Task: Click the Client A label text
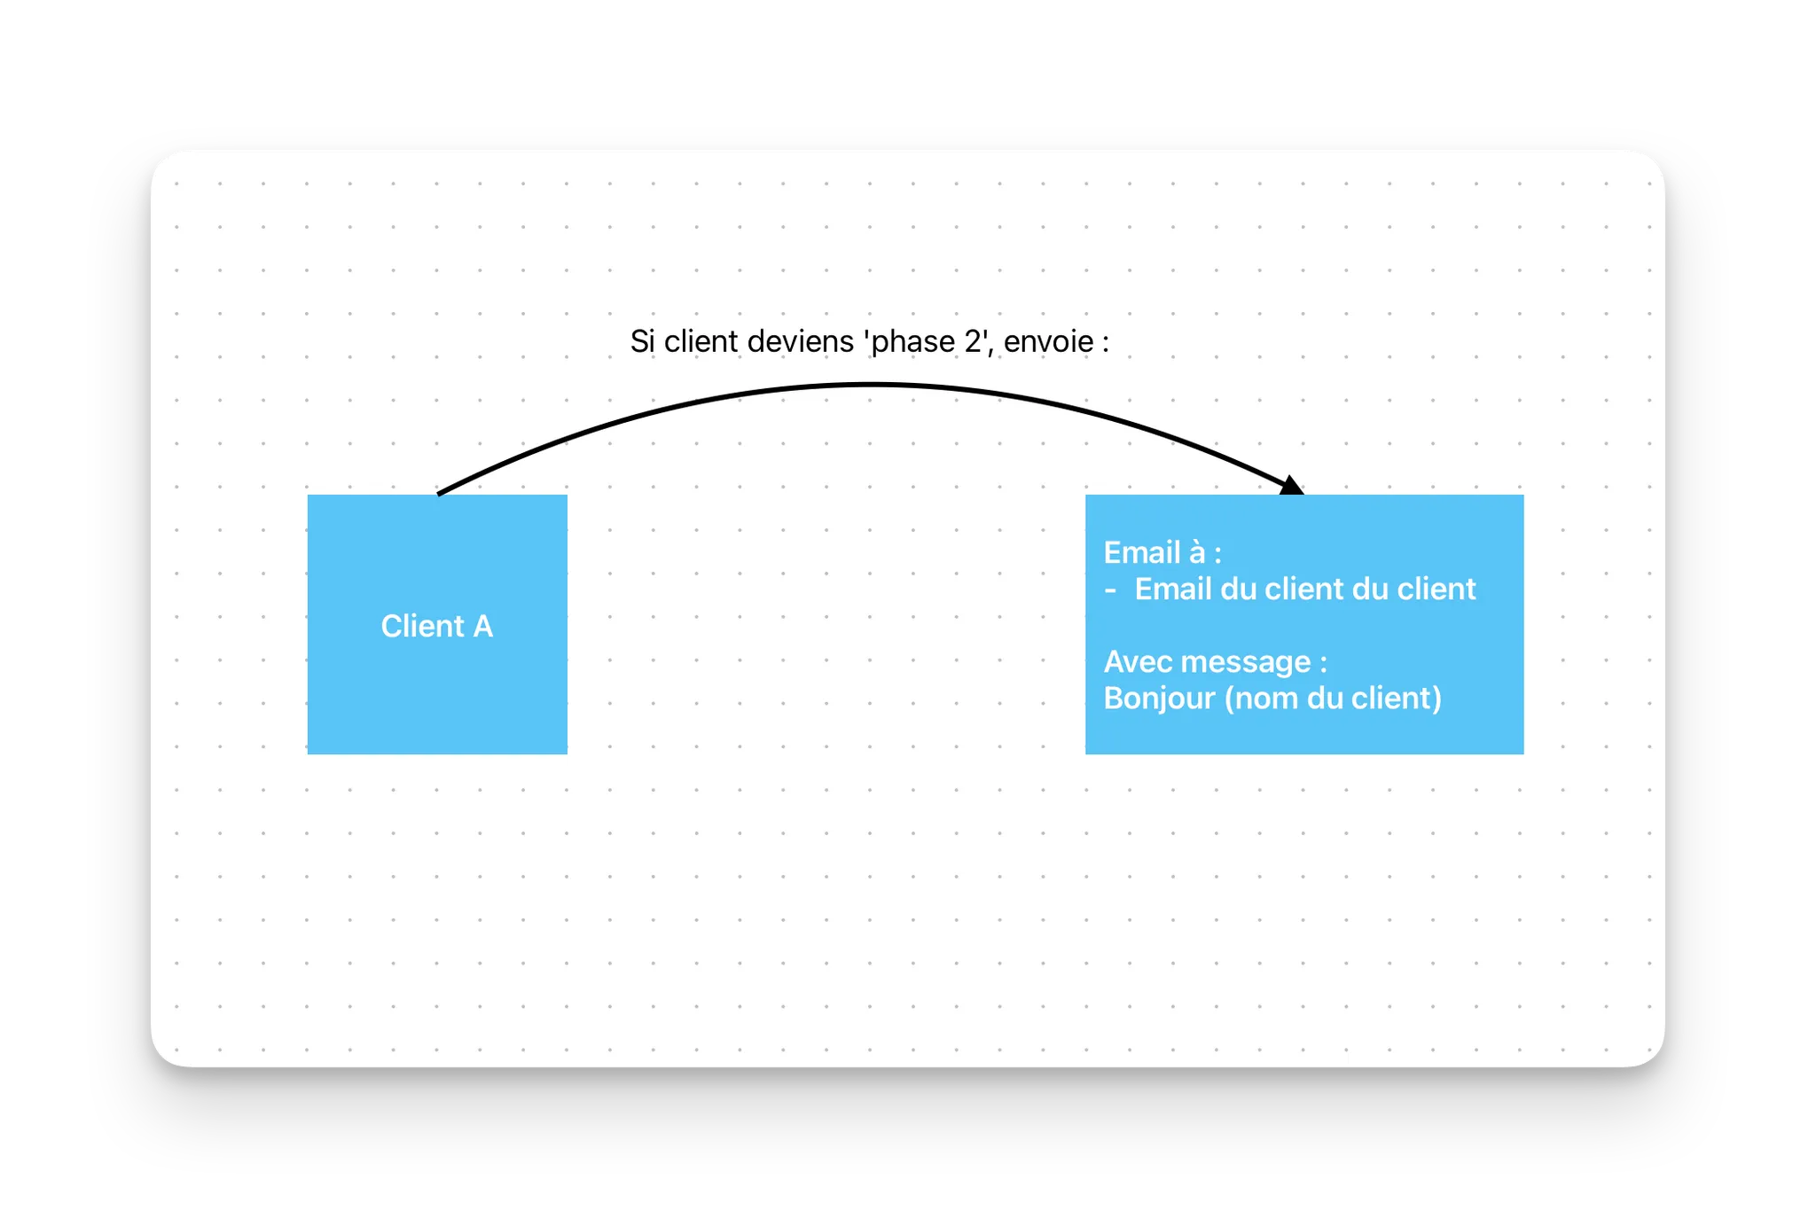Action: pos(436,626)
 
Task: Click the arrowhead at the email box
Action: pos(1293,485)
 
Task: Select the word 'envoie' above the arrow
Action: pos(1048,341)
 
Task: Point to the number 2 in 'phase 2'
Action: pos(972,341)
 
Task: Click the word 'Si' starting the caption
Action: pos(642,341)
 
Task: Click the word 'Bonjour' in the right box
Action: pos(1158,699)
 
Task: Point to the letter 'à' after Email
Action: pos(1197,553)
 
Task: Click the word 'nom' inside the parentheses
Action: pos(1267,699)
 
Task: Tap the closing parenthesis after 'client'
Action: pos(1436,699)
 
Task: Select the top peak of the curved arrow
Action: pos(871,385)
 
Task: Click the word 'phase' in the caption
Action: pos(913,343)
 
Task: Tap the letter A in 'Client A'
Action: pos(482,626)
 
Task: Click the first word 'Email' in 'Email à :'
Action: pos(1141,553)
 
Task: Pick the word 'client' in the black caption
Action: pos(701,341)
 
